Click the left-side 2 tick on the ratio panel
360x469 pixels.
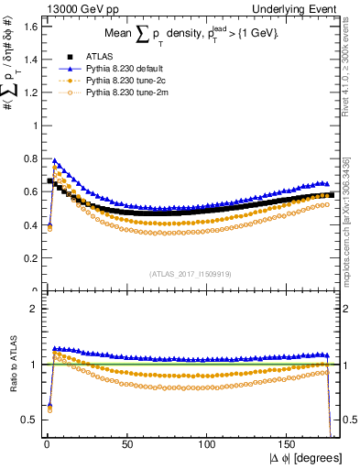(32, 309)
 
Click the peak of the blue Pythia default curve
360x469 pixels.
(54, 161)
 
